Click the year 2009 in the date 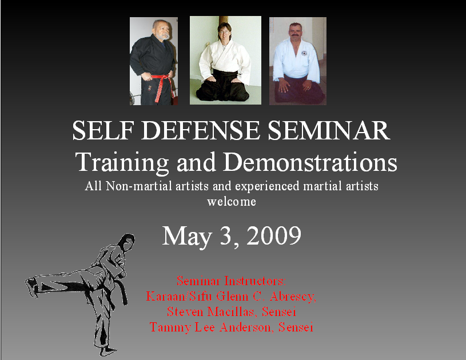(274, 235)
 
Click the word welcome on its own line (232, 202)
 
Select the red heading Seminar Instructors (230, 281)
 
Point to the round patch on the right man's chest (304, 55)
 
